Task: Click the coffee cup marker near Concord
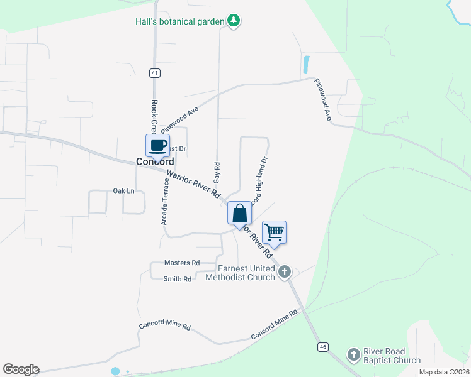point(157,146)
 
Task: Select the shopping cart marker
point(274,232)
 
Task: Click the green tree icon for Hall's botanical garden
point(234,21)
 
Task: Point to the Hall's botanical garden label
point(180,21)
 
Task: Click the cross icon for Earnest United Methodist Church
point(285,271)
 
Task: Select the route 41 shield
point(155,73)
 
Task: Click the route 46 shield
point(323,347)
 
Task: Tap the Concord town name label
point(154,161)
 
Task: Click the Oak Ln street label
point(123,190)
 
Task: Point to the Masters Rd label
point(181,263)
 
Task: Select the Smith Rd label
point(177,279)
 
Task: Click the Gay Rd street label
point(217,169)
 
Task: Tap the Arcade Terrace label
point(165,202)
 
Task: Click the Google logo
point(21,369)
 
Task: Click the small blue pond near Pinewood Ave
point(306,63)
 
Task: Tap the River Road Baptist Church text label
point(392,356)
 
